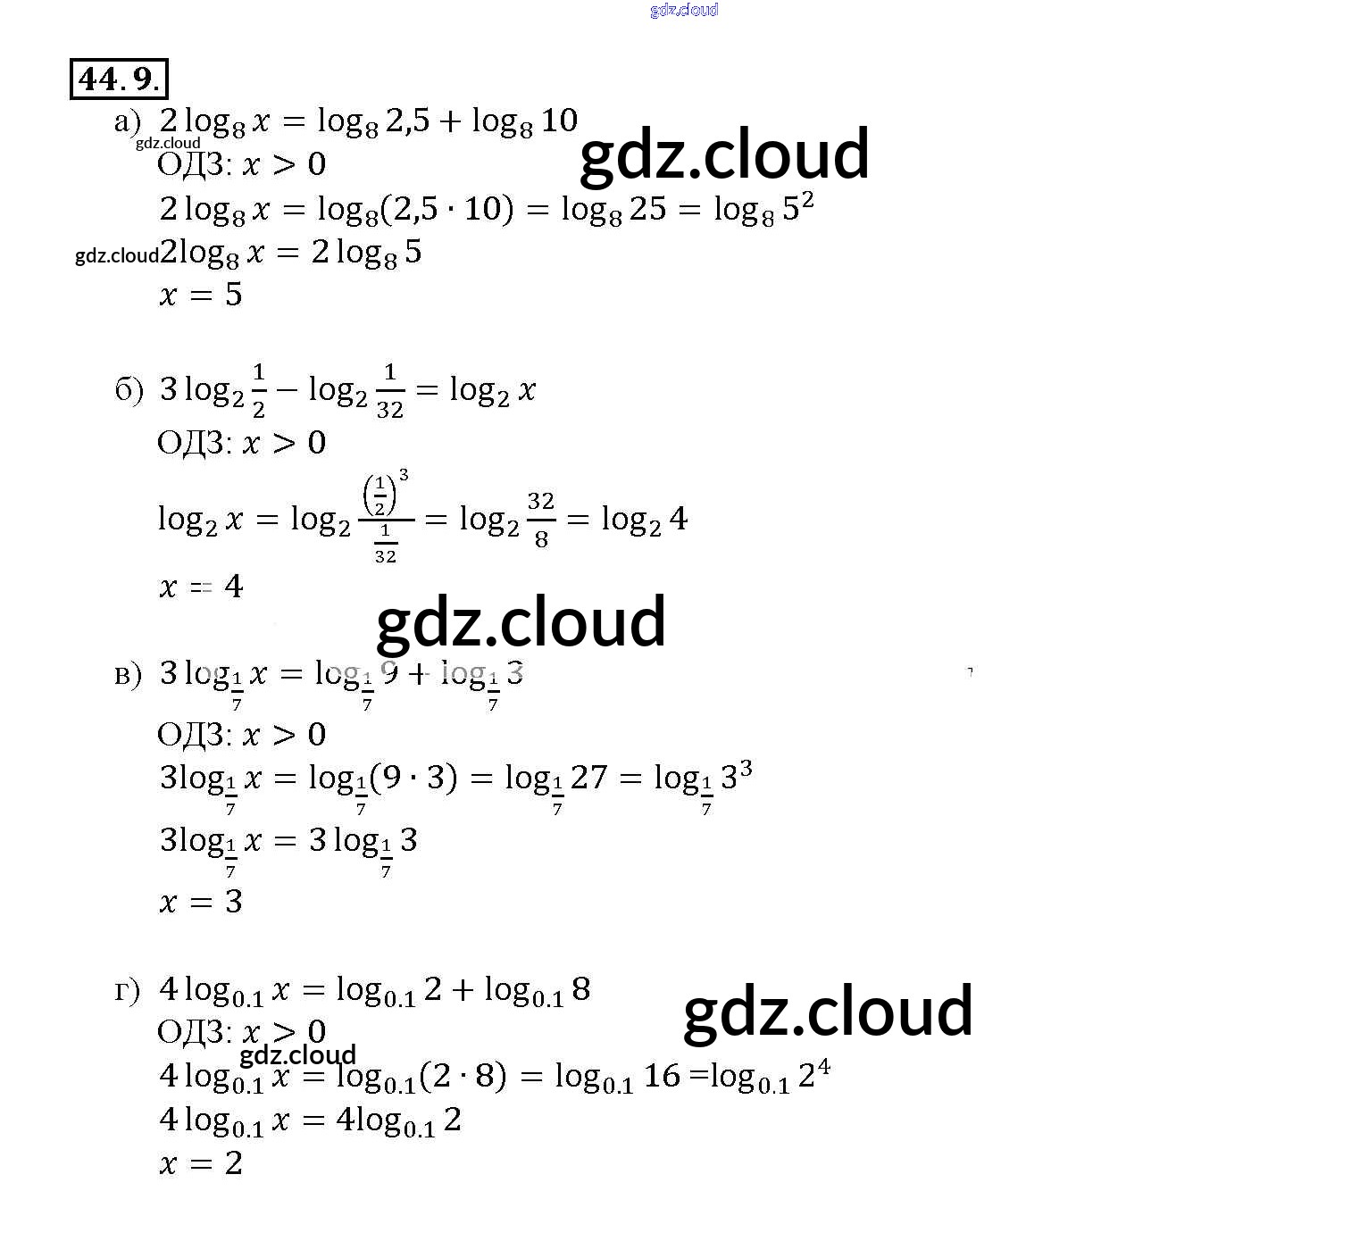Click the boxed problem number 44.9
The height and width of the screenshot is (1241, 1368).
click(x=119, y=79)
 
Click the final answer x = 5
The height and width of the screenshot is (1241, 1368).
click(x=201, y=295)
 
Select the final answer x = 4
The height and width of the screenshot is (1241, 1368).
click(x=201, y=587)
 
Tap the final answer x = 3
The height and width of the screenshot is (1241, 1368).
click(x=201, y=902)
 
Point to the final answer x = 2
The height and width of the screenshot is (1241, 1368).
click(x=201, y=1163)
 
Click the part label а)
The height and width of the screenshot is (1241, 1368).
click(x=128, y=121)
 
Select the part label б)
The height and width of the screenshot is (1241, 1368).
click(x=129, y=390)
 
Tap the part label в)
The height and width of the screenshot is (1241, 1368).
click(x=128, y=674)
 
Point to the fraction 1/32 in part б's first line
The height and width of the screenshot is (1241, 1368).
click(x=389, y=390)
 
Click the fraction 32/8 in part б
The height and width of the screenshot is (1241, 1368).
click(x=540, y=519)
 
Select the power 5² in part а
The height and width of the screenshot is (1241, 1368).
click(x=797, y=207)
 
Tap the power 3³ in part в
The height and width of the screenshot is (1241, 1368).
click(x=736, y=775)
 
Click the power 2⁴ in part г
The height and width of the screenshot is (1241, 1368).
click(x=813, y=1073)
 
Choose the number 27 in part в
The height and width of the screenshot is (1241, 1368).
click(x=588, y=778)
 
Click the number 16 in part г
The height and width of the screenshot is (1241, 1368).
click(x=662, y=1075)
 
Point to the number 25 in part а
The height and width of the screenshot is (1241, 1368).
click(x=647, y=209)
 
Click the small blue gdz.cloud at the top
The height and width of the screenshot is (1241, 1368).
click(x=684, y=10)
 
